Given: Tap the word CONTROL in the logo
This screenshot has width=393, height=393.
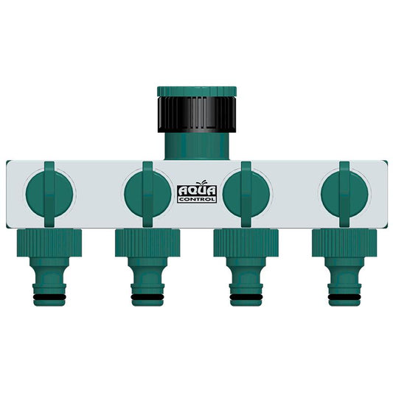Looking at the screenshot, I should pos(196,199).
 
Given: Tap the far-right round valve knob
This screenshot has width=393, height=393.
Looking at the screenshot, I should pos(344,194).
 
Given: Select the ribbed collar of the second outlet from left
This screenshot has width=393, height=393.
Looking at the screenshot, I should pos(147,241).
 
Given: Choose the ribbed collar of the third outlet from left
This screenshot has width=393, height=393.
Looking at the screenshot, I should pos(246,241).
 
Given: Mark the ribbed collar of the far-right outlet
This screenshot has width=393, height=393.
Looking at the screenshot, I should pos(344,241).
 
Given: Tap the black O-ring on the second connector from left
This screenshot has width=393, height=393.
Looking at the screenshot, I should pos(147,298).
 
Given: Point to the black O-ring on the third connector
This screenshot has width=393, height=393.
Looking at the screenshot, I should pos(246,298).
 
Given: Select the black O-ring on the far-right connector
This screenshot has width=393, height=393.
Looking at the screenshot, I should pos(344,298).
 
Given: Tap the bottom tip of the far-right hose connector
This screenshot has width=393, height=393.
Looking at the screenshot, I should pos(344,307).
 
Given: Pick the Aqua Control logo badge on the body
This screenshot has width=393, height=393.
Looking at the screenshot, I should pos(196,194).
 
